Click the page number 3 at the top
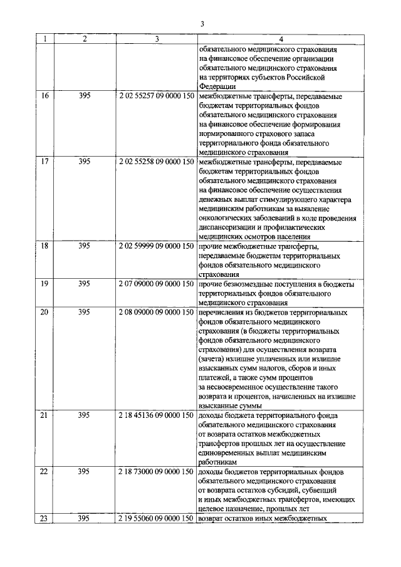[x=202, y=24]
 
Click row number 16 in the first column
[x=44, y=97]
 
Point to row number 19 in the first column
[x=44, y=284]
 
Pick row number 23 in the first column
[x=44, y=519]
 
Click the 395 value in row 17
[x=85, y=162]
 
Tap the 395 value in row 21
[x=85, y=415]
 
